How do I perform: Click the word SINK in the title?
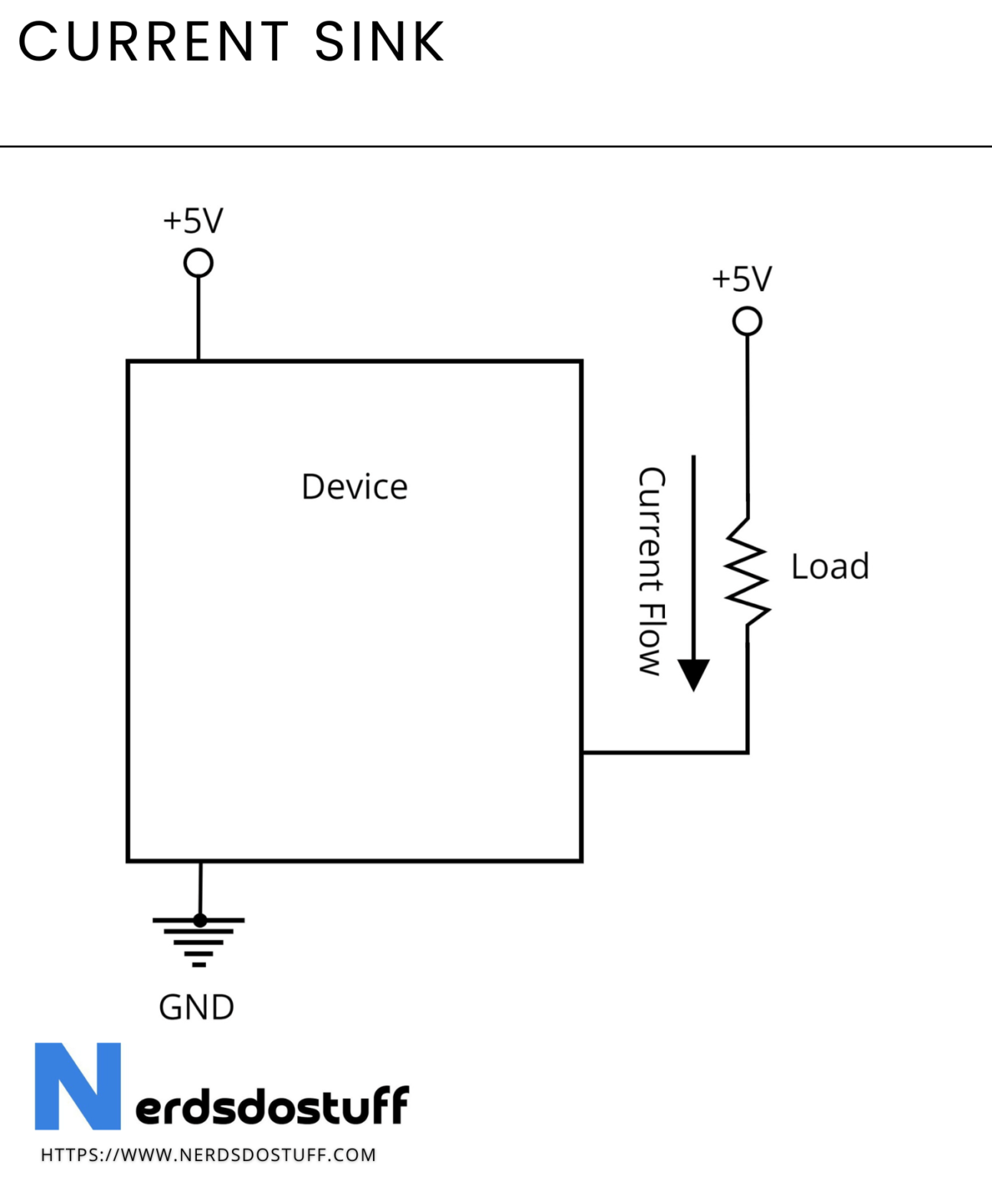pos(379,42)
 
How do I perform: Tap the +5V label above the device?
pos(193,221)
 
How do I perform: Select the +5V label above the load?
pos(742,279)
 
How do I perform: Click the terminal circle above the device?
pos(198,263)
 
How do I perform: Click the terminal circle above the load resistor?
pos(747,321)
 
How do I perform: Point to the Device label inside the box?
pos(355,487)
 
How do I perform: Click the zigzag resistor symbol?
pos(747,572)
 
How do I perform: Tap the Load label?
pos(830,567)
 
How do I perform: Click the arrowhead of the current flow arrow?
pos(694,674)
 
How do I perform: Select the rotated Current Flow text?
pos(651,571)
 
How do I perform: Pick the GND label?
pos(196,1007)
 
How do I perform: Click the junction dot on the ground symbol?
pos(200,920)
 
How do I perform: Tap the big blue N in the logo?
pos(77,1086)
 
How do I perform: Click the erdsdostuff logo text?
pos(272,1106)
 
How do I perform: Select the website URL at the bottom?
pos(208,1155)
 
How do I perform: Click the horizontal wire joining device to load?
pos(665,752)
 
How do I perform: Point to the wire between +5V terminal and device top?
pos(198,318)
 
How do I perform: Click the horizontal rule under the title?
pos(496,146)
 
